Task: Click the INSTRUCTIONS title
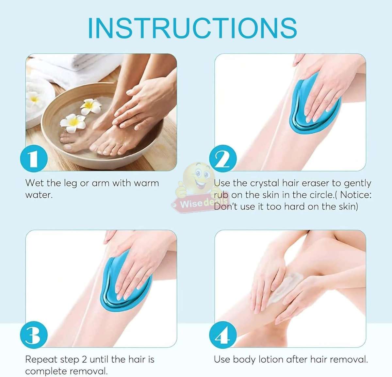192,28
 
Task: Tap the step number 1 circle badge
34,159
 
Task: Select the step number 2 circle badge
223,159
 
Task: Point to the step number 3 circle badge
34,335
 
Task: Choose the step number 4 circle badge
223,335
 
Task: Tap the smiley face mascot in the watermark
198,178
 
